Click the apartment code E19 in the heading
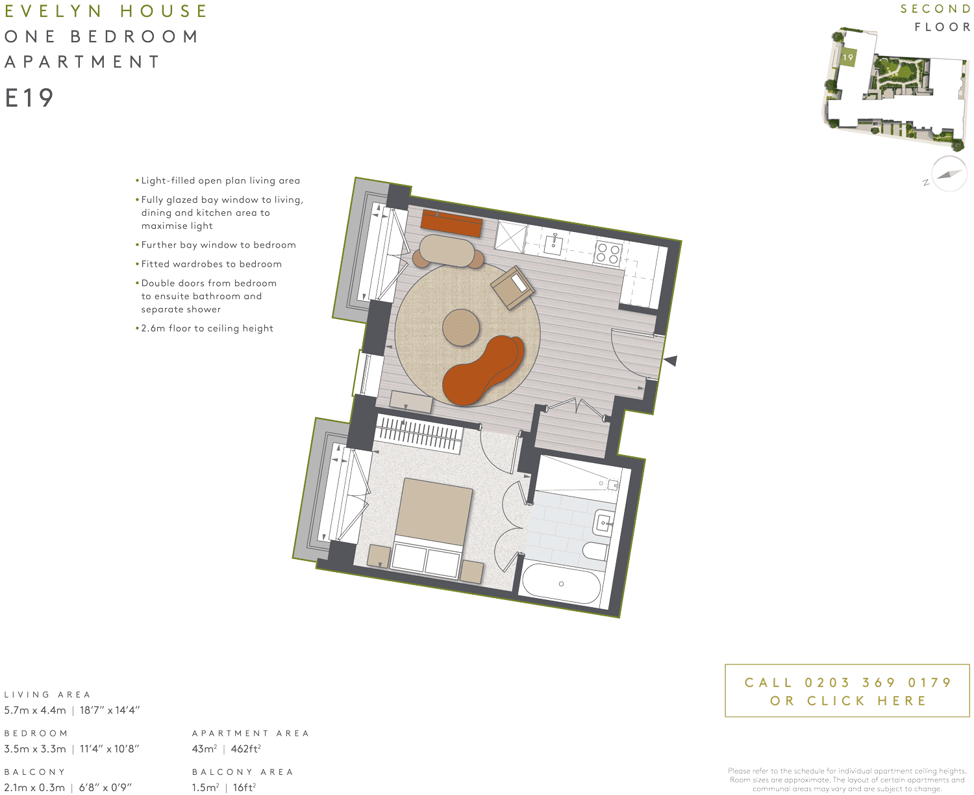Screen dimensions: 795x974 coord(29,98)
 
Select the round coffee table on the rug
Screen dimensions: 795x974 coord(461,328)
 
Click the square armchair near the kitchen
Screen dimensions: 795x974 coord(512,287)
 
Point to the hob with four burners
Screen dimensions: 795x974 coord(608,253)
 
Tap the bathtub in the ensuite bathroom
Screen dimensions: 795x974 coord(562,583)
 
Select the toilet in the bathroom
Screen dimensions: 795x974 coord(595,551)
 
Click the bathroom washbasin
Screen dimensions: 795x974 coord(604,523)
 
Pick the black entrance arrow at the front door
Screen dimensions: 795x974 coord(670,360)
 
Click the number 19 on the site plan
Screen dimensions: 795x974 coord(848,57)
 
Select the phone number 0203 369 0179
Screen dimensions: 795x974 coord(878,683)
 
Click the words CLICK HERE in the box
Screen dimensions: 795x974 coord(866,701)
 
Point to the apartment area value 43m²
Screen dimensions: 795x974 coord(205,749)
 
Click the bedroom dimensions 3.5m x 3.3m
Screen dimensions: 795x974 coord(35,749)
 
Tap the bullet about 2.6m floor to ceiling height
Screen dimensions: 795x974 coord(206,328)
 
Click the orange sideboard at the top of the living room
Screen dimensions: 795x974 coord(451,223)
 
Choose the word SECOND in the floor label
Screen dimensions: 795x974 coord(935,9)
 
